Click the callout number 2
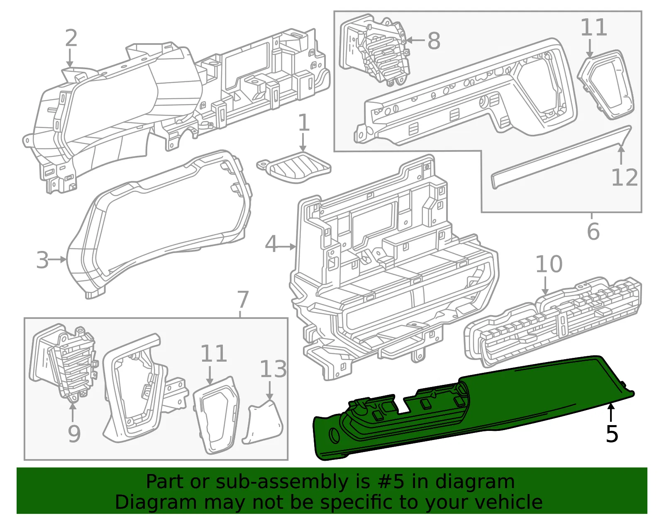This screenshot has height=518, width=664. click(71, 38)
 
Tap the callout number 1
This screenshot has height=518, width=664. click(303, 122)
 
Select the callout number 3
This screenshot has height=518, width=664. click(42, 260)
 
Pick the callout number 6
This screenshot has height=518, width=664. click(593, 232)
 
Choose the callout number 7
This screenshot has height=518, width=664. click(243, 299)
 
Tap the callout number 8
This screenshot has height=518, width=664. click(434, 40)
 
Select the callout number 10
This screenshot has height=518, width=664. click(549, 264)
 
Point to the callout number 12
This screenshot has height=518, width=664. click(625, 177)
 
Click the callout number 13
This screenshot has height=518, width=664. click(273, 368)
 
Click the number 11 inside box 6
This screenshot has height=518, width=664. click(593, 27)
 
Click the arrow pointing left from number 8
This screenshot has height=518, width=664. click(415, 40)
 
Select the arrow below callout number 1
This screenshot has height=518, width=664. click(303, 143)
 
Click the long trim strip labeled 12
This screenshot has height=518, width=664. click(561, 157)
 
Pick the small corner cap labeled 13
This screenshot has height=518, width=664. click(263, 422)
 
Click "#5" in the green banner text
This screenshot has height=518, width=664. click(391, 482)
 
